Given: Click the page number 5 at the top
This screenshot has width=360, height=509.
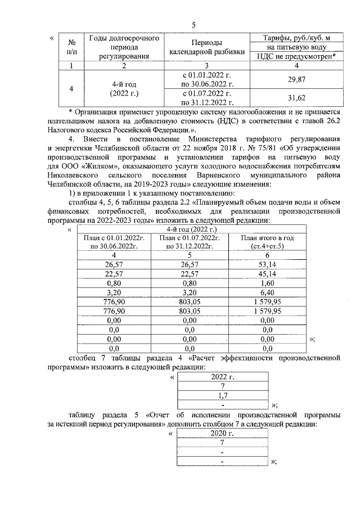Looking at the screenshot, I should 193,25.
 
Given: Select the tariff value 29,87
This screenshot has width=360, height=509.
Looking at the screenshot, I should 296,80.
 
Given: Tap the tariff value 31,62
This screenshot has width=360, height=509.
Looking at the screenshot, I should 296,97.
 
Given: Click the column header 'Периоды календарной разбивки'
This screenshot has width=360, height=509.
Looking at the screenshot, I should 206,47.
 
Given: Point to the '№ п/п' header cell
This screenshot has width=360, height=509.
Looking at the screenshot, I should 71,47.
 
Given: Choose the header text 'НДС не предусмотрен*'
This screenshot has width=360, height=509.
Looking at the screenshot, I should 296,56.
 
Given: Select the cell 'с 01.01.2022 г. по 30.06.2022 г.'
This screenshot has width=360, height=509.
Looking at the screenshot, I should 206,80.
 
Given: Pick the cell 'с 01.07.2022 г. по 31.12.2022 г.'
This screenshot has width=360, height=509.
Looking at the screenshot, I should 206,97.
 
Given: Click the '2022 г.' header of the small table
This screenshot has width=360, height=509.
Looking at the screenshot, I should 223,377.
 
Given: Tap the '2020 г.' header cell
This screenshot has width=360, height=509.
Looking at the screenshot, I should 223,434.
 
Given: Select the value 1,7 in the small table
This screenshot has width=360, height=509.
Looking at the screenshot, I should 223,395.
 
